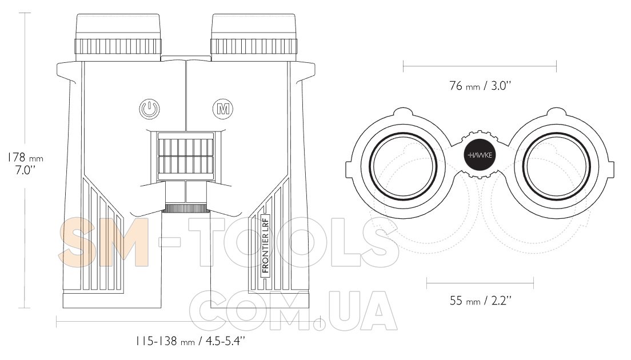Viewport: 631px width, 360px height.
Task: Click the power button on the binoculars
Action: point(149,109)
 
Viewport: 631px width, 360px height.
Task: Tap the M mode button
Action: point(223,109)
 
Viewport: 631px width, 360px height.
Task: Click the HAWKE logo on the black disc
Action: point(480,155)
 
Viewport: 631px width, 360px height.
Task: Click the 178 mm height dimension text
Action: point(25,157)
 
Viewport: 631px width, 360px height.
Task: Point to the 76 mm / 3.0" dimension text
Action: point(480,86)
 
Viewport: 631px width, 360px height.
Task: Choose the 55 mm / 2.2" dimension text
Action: point(481,300)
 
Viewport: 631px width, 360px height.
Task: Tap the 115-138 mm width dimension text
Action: point(190,342)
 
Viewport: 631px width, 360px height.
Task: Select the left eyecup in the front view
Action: point(118,37)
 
